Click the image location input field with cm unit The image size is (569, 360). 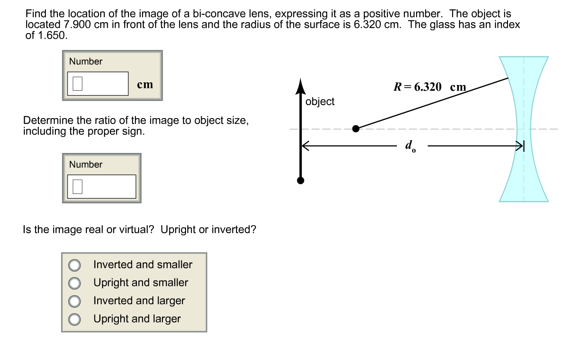pos(98,84)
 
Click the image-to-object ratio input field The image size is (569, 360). pos(102,187)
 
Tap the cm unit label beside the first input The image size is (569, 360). pos(145,85)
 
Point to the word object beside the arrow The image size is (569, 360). pos(320,102)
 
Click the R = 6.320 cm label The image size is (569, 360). pos(430,87)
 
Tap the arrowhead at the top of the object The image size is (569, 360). pos(300,86)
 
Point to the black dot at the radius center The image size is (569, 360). pos(356,129)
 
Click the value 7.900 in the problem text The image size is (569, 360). pos(76,24)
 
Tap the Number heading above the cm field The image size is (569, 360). pos(86,61)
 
